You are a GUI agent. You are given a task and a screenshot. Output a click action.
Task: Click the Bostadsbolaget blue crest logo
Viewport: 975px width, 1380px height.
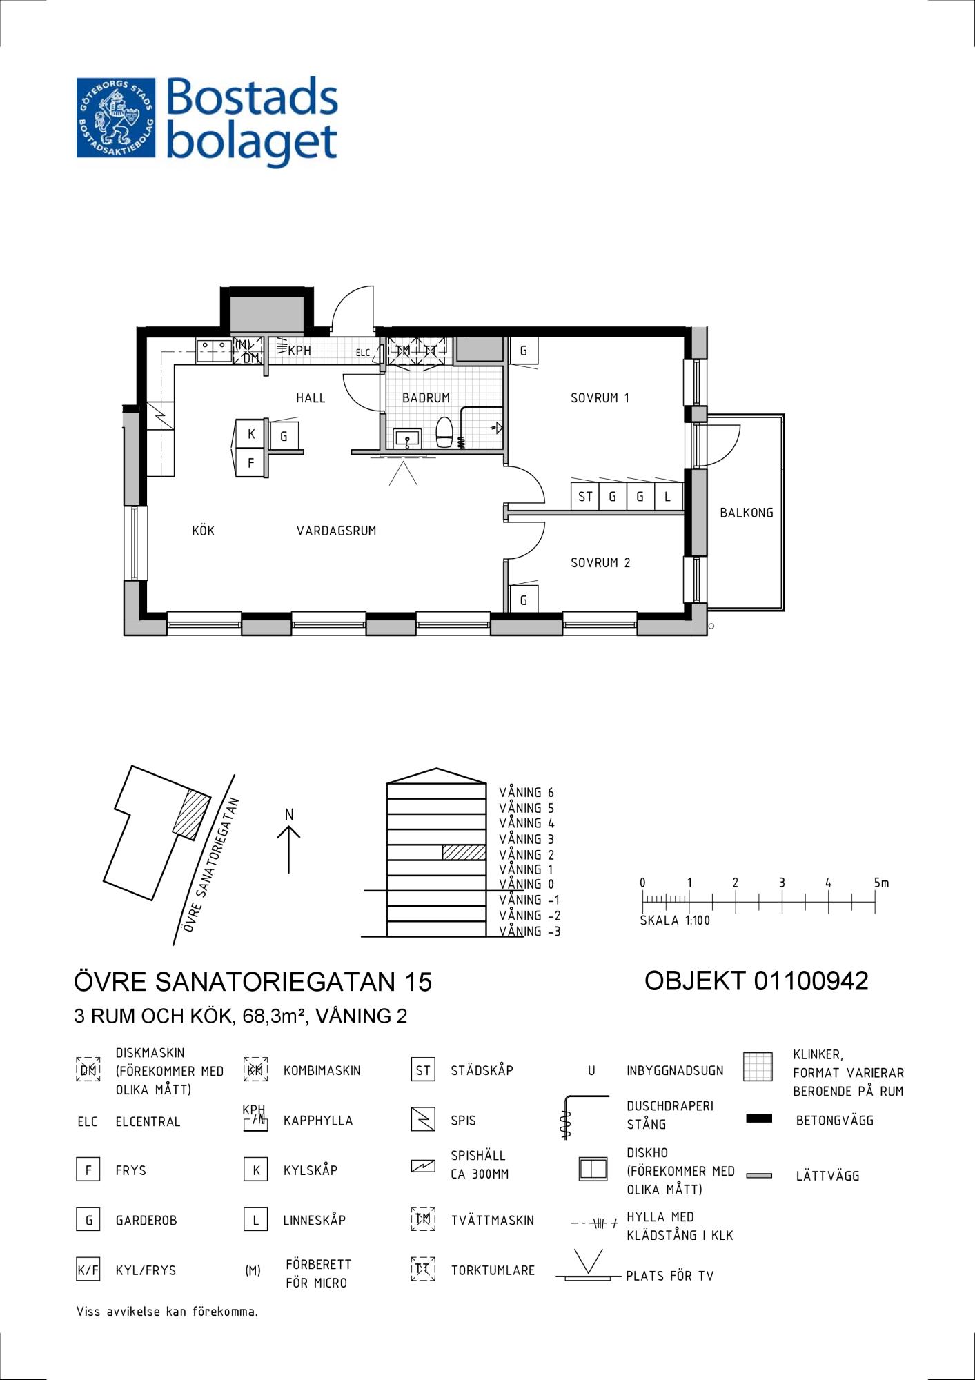(x=116, y=117)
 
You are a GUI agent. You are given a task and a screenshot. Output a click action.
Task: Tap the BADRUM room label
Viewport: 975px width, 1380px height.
(x=426, y=397)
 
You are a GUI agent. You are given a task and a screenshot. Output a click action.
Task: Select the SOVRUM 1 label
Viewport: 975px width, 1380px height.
(x=600, y=397)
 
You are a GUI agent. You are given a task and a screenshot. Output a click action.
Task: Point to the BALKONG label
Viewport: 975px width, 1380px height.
(x=746, y=513)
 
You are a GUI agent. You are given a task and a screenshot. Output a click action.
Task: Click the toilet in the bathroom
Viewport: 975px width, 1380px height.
(x=444, y=433)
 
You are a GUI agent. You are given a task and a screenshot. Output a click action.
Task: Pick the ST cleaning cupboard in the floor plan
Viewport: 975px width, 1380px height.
(x=585, y=496)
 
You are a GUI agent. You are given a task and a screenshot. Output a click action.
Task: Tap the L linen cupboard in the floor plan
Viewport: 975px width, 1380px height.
(x=667, y=496)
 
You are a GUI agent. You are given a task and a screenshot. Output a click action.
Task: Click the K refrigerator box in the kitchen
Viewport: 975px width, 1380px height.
(x=251, y=434)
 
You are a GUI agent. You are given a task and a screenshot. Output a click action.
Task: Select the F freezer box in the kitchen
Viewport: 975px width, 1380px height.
(x=251, y=463)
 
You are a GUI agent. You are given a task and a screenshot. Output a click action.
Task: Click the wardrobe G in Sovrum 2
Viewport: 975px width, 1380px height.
(x=524, y=600)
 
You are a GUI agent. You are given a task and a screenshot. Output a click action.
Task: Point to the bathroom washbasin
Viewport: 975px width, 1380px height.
(x=407, y=438)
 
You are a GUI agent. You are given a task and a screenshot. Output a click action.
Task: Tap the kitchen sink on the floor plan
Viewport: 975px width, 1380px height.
(x=214, y=351)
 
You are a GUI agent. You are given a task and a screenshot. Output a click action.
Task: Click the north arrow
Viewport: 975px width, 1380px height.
(x=288, y=849)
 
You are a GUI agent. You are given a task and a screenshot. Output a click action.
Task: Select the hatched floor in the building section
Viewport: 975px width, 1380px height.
(x=464, y=852)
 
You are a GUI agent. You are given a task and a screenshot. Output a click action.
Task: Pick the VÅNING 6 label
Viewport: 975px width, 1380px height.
(x=526, y=793)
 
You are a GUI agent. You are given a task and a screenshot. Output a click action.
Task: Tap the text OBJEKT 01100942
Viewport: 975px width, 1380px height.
(x=756, y=980)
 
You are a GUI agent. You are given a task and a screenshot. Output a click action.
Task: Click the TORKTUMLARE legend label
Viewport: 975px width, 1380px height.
(x=493, y=1270)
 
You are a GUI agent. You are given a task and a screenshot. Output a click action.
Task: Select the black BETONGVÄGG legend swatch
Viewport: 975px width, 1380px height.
(x=759, y=1118)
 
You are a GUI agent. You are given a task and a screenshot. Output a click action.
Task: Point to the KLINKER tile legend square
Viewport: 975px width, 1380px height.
(x=758, y=1067)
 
